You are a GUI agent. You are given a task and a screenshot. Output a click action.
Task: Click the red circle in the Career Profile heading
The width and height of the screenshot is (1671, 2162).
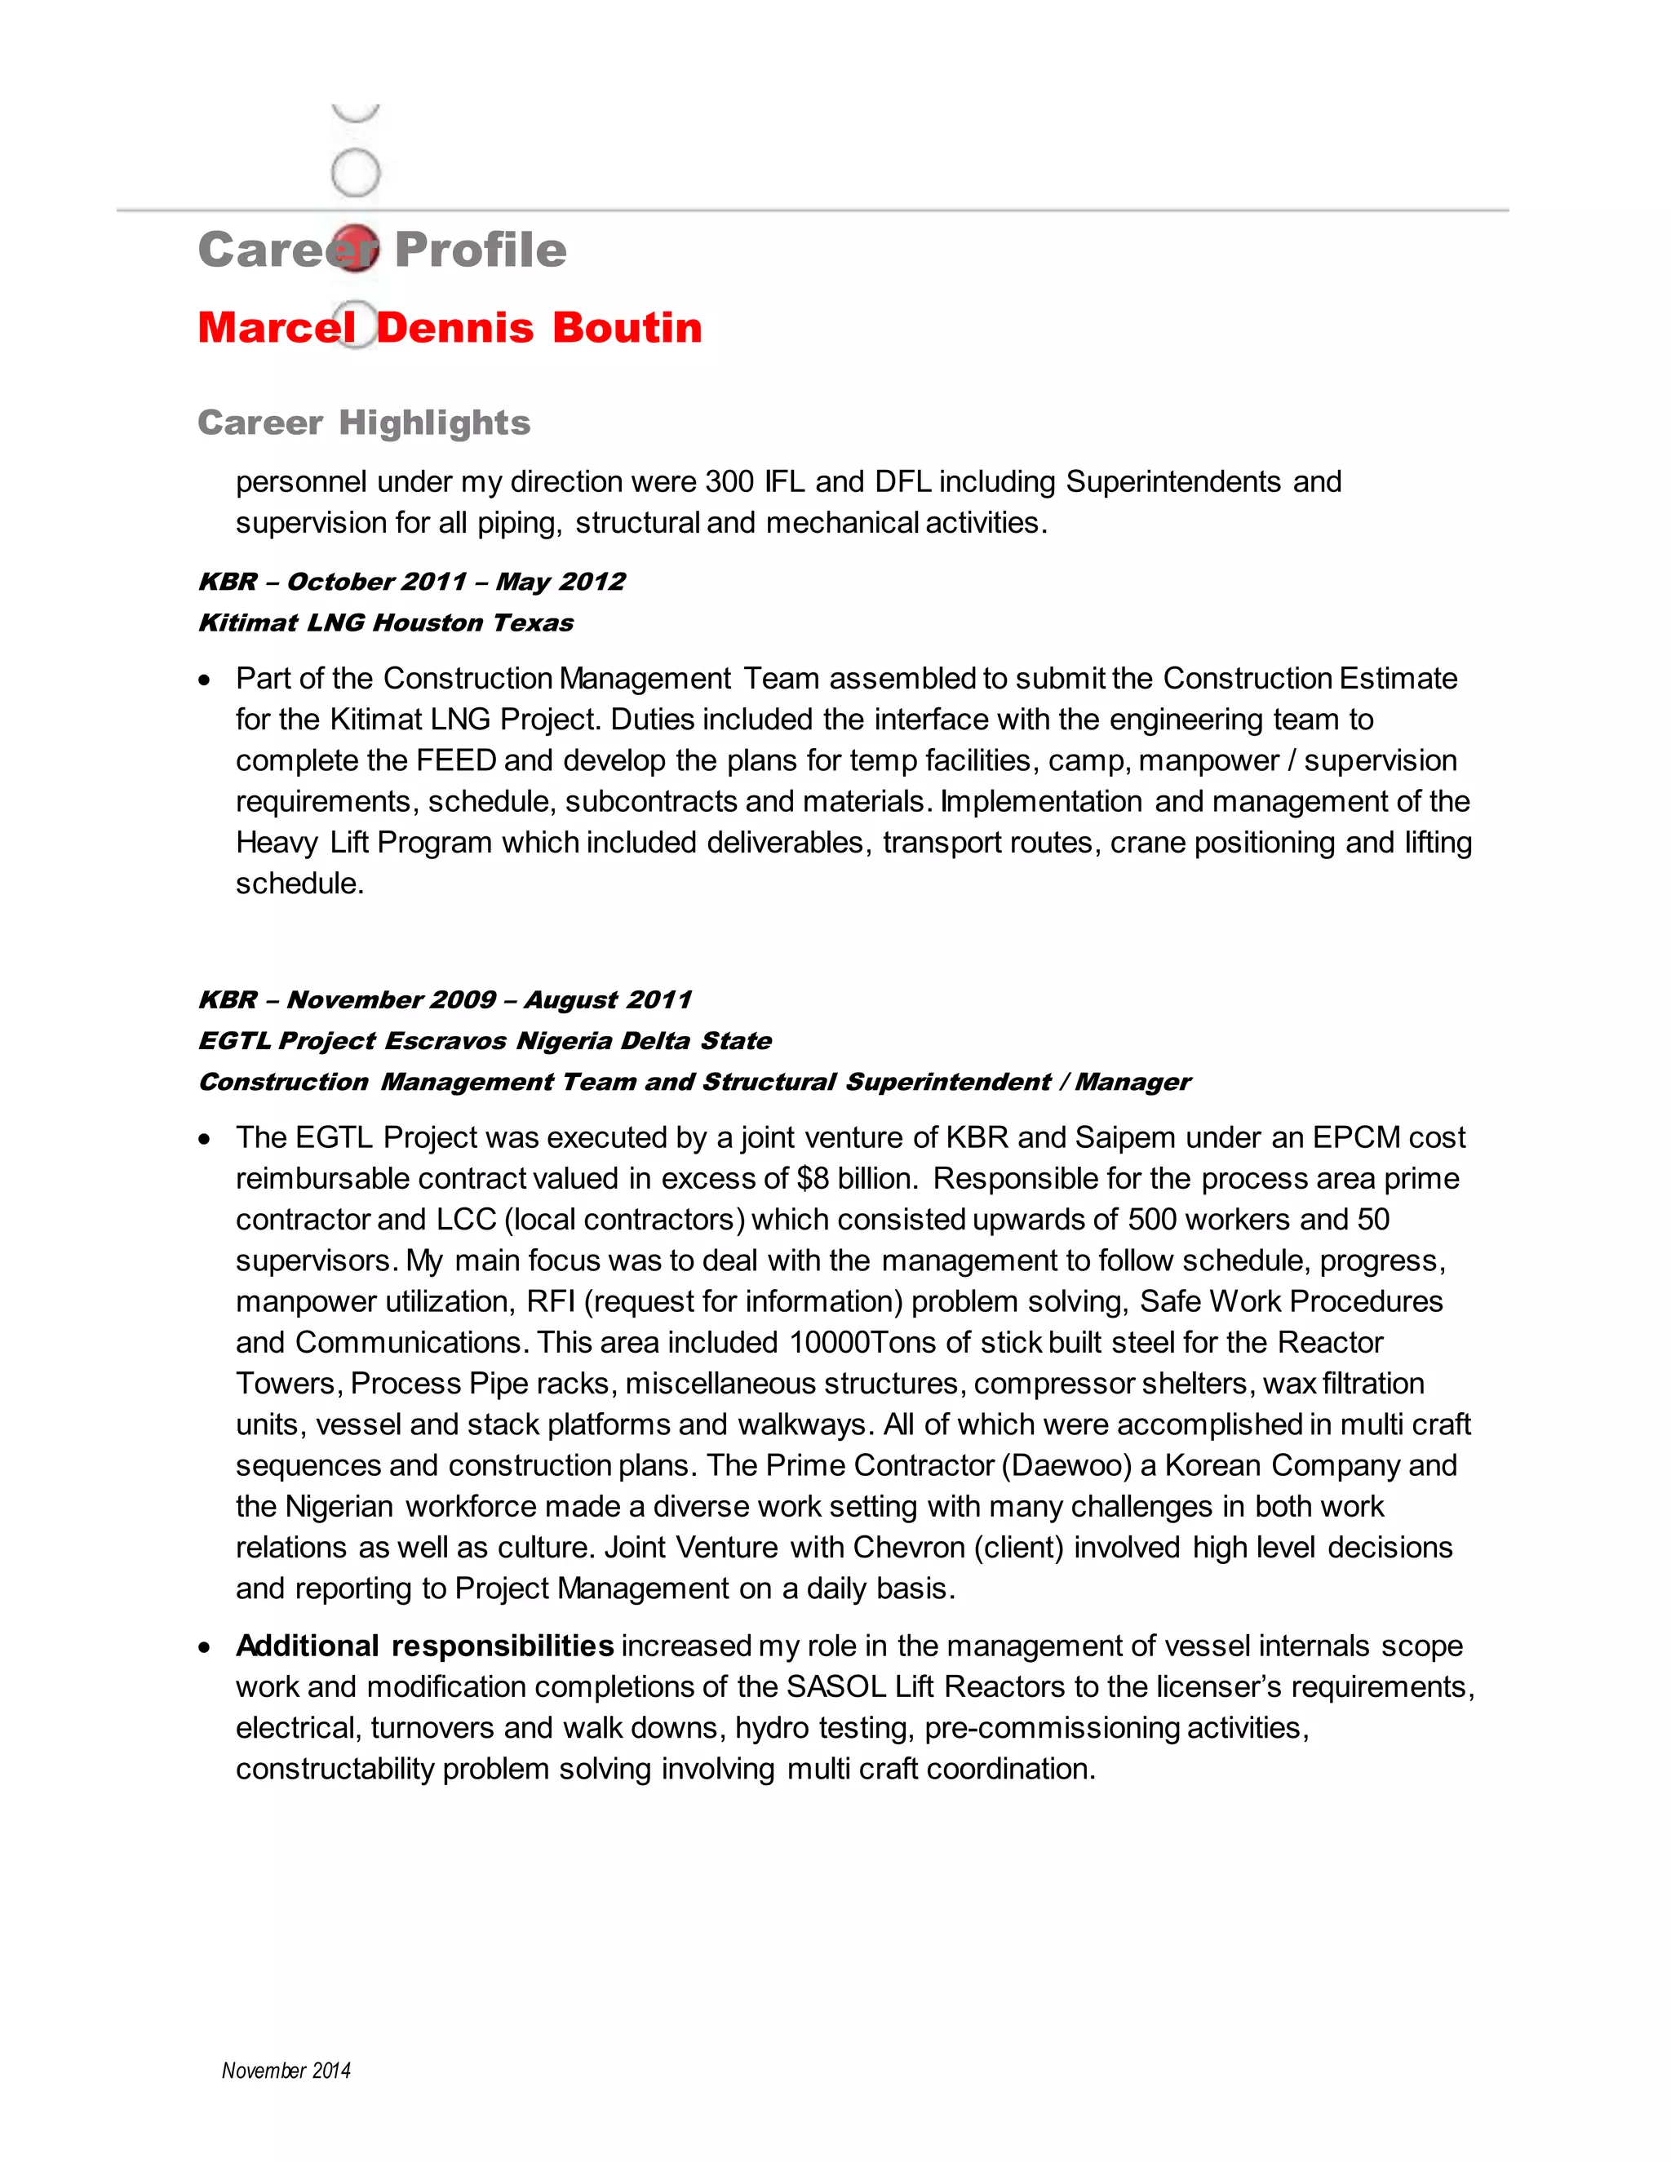354,247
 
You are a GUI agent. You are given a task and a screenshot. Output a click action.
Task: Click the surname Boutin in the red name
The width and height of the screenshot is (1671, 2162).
627,328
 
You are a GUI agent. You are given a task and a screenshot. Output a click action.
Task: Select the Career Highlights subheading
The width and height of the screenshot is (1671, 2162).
363,423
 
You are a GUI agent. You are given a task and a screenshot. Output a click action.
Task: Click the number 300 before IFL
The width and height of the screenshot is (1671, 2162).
729,482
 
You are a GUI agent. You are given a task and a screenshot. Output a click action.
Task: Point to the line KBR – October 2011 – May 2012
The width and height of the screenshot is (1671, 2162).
411,581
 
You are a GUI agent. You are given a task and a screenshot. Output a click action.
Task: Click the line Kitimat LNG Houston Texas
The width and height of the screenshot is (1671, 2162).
385,622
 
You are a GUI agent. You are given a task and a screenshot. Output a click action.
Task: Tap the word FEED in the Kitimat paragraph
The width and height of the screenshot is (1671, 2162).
455,760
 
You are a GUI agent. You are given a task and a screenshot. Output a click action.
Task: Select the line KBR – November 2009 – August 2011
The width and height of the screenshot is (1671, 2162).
445,1000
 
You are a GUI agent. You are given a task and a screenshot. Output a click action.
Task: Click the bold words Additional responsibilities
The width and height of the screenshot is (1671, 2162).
424,1646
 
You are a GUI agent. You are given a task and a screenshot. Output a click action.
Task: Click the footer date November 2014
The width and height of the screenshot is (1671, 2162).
286,2071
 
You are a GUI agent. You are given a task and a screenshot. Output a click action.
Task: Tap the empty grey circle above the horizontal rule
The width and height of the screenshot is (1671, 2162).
356,172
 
